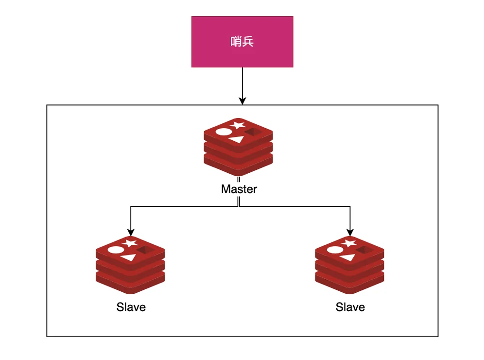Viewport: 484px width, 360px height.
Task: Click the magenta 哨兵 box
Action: pos(242,42)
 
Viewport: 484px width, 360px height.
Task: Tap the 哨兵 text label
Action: pos(242,42)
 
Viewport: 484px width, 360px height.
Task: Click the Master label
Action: pos(239,189)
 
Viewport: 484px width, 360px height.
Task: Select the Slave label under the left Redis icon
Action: pos(131,307)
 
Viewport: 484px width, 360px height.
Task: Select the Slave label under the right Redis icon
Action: pos(350,307)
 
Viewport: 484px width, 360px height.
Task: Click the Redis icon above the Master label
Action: pos(238,147)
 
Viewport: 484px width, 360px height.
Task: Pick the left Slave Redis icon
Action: pos(130,265)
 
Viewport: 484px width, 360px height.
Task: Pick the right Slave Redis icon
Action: pos(349,265)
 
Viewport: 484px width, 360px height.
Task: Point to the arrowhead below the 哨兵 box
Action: pos(242,101)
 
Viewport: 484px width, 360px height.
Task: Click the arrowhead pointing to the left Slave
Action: pos(131,232)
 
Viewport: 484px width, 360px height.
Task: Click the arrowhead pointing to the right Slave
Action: pos(350,232)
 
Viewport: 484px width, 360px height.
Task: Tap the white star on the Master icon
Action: pos(238,125)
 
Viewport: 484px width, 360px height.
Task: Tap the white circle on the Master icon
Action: pos(224,132)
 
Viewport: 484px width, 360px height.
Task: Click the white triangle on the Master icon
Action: pos(237,140)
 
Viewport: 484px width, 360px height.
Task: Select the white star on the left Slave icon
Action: pos(130,243)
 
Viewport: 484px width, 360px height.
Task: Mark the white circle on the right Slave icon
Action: pos(335,250)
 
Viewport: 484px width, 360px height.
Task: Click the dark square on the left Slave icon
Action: pos(146,250)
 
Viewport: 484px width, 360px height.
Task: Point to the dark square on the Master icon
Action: pos(254,132)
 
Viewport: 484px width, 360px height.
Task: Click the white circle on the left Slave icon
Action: pos(116,250)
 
